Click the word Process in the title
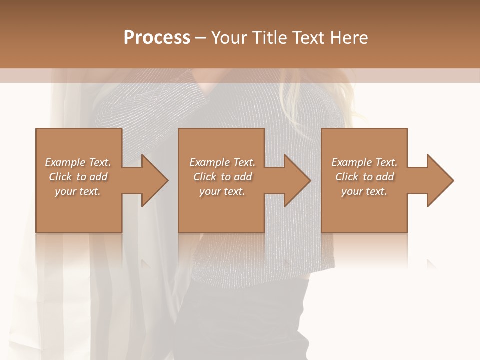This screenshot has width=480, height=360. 157,38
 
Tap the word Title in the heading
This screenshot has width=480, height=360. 267,38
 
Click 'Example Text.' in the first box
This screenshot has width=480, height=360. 78,162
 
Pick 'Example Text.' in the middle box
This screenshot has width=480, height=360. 222,162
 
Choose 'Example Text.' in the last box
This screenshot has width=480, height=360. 364,162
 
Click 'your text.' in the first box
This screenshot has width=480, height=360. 78,191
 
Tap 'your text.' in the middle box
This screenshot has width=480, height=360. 222,191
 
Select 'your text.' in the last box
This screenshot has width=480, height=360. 364,191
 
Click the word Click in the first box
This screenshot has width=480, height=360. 60,177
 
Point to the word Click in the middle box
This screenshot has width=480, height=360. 205,177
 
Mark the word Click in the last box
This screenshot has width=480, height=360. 347,177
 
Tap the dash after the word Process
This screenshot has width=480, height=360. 200,38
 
